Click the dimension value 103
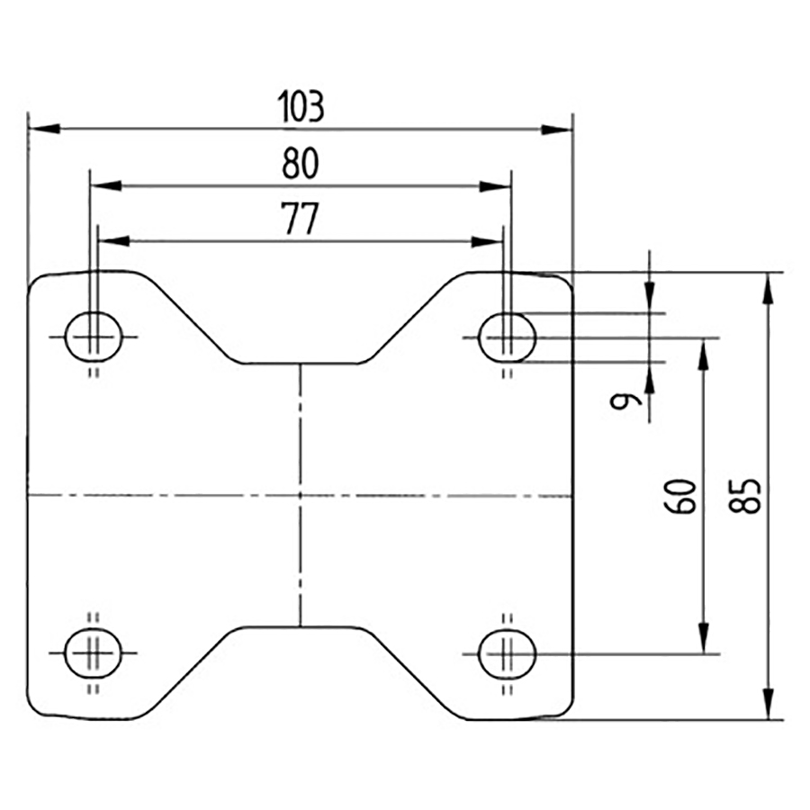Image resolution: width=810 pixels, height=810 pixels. click(301, 107)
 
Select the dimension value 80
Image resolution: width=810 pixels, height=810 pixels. click(301, 164)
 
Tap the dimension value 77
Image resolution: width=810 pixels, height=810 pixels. click(301, 220)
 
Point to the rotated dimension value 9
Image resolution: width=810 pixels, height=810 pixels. click(622, 401)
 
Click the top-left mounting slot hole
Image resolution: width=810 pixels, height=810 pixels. click(94, 337)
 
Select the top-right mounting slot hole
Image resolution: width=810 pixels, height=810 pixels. click(507, 337)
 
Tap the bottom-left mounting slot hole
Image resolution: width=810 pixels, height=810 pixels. click(94, 652)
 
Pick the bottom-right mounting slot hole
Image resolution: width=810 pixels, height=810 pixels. click(507, 652)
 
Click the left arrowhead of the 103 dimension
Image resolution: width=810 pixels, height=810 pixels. click(43, 129)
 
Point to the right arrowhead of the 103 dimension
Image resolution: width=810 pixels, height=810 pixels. click(557, 129)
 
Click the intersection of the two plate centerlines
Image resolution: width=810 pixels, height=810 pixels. click(301, 495)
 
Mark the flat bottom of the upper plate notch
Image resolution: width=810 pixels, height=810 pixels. click(301, 364)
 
